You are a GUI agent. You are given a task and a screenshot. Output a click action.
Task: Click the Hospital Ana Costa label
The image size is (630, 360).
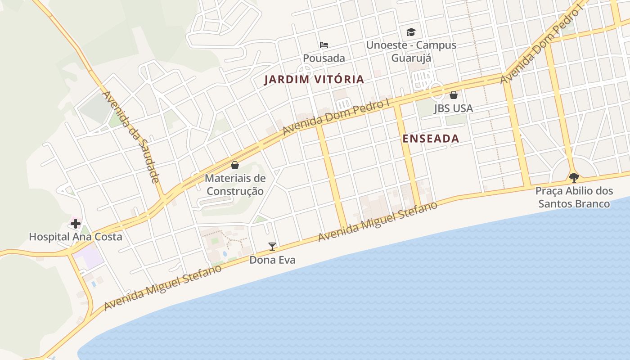point(76,237)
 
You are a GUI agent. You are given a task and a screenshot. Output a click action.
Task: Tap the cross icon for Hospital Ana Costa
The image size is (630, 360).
point(76,224)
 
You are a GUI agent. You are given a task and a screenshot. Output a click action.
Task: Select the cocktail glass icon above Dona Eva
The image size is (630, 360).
point(272,246)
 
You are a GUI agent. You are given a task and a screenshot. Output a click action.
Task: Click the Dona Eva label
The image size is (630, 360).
point(272,260)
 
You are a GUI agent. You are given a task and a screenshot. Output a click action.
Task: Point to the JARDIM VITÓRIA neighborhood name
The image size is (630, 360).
point(314,80)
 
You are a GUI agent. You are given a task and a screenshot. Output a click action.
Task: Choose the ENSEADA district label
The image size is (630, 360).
point(431,139)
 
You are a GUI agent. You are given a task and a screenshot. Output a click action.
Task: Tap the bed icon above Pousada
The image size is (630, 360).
point(324,45)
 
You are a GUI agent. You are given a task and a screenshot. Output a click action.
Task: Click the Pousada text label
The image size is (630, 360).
point(324,58)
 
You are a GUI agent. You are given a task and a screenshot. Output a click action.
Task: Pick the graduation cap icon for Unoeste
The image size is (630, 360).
point(411,32)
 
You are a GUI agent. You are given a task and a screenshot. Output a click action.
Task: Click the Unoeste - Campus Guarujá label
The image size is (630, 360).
point(411,51)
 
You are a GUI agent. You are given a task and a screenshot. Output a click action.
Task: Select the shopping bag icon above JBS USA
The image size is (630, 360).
point(454,95)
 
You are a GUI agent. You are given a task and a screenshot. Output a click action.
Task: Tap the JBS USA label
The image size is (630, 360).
point(454,108)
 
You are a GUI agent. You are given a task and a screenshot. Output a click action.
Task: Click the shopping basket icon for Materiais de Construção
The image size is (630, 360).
point(234,165)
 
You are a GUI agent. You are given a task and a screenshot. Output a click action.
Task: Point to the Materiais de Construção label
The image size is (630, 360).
point(234,184)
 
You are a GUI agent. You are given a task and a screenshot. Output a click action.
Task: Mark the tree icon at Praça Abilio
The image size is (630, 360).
point(574,177)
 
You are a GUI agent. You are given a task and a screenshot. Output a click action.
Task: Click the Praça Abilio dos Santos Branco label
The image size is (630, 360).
point(574,198)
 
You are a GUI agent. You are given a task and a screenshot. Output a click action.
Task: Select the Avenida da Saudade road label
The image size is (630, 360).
point(131,137)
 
